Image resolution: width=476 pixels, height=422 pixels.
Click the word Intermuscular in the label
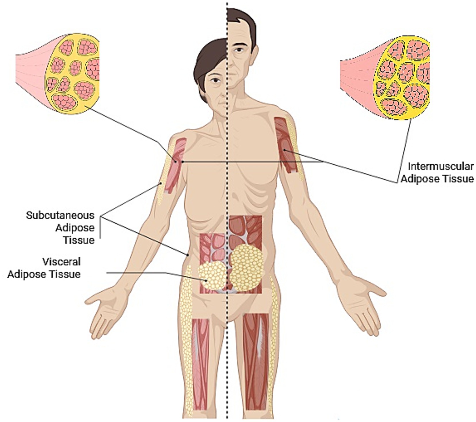441,166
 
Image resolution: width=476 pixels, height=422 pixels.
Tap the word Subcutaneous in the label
60,215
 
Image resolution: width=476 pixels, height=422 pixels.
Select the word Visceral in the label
61,262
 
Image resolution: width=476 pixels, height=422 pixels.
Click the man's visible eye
239,51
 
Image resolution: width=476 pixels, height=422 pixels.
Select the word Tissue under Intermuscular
458,179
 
